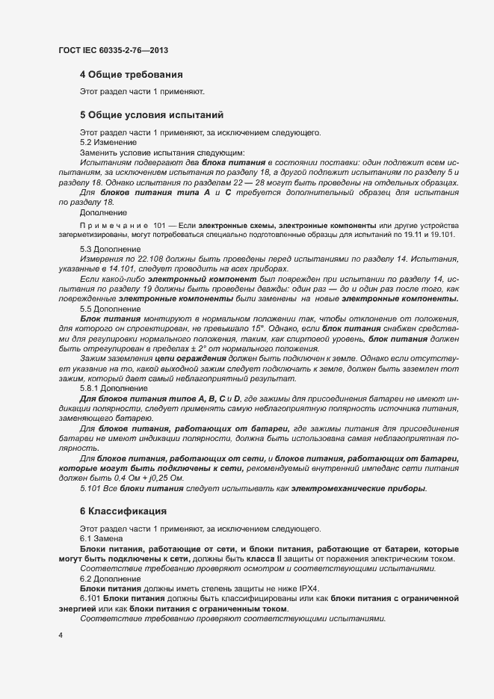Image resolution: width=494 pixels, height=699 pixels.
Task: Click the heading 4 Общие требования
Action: point(131,74)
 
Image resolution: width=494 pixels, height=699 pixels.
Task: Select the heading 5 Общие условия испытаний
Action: point(152,116)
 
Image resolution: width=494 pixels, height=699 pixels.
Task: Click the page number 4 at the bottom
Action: point(60,635)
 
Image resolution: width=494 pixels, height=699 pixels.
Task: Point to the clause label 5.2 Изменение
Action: point(108,142)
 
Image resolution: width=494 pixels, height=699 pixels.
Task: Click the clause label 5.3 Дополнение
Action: point(109,248)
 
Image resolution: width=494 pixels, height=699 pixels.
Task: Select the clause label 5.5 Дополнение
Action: point(109,308)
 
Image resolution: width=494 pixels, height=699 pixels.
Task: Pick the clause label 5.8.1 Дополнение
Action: point(114,389)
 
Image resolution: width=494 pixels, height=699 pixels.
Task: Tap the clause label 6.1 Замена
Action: point(102,538)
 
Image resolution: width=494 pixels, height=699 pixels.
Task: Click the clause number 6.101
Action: point(90,599)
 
